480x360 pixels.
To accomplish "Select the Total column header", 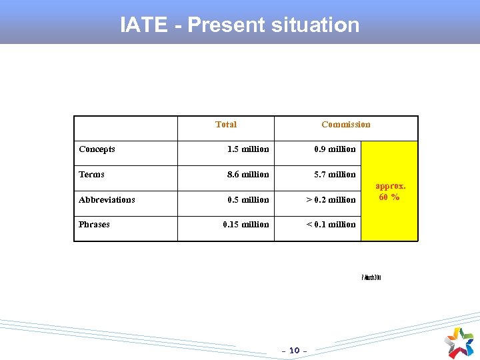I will pos(226,125).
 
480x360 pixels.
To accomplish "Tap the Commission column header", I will pos(345,125).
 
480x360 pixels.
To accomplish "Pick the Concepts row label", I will pos(97,149).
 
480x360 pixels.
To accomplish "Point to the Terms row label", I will pos(91,175).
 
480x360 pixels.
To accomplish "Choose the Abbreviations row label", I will pos(107,199).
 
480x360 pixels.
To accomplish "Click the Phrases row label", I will pos(94,225).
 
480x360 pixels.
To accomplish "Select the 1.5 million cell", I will pos(248,149).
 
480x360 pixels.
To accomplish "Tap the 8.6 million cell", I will pos(248,175).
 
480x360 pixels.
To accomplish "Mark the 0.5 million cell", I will pos(248,200).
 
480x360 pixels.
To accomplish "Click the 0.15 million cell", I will pos(246,225).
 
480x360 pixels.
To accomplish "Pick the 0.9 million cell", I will pos(335,149).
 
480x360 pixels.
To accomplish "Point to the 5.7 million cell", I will pos(335,175).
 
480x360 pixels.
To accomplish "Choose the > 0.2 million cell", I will pos(331,200).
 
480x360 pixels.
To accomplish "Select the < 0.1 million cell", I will pos(331,225).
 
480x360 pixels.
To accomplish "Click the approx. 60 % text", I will pos(390,191).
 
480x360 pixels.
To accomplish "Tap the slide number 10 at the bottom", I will pos(295,350).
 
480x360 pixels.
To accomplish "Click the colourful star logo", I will pos(459,341).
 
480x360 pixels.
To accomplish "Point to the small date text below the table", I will pos(371,277).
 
